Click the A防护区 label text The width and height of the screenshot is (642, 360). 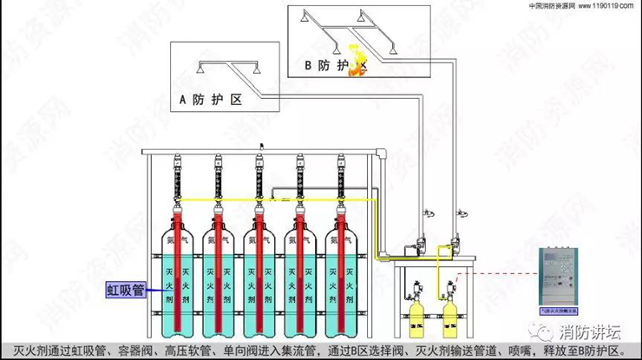(210, 100)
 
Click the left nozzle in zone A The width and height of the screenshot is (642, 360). (199, 69)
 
